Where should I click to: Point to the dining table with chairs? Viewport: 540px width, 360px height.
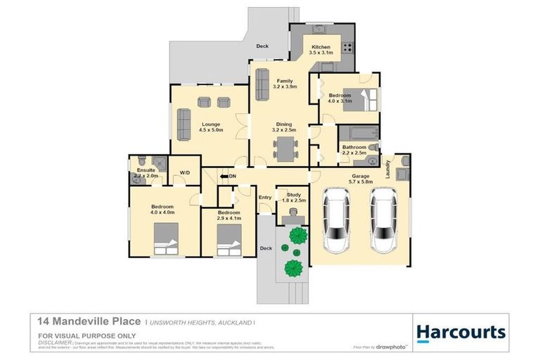coord(285,149)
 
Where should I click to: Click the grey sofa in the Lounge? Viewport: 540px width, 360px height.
coord(184,124)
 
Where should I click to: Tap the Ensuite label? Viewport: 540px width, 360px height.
coord(146,169)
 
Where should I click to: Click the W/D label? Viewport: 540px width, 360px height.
coord(185,172)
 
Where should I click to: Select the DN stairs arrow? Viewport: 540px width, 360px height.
coord(228,176)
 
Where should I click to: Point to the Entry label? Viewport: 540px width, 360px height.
coord(265,198)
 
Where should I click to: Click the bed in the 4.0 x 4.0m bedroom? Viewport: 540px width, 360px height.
coord(167,238)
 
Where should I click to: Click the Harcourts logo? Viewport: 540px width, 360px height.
coord(461,332)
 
